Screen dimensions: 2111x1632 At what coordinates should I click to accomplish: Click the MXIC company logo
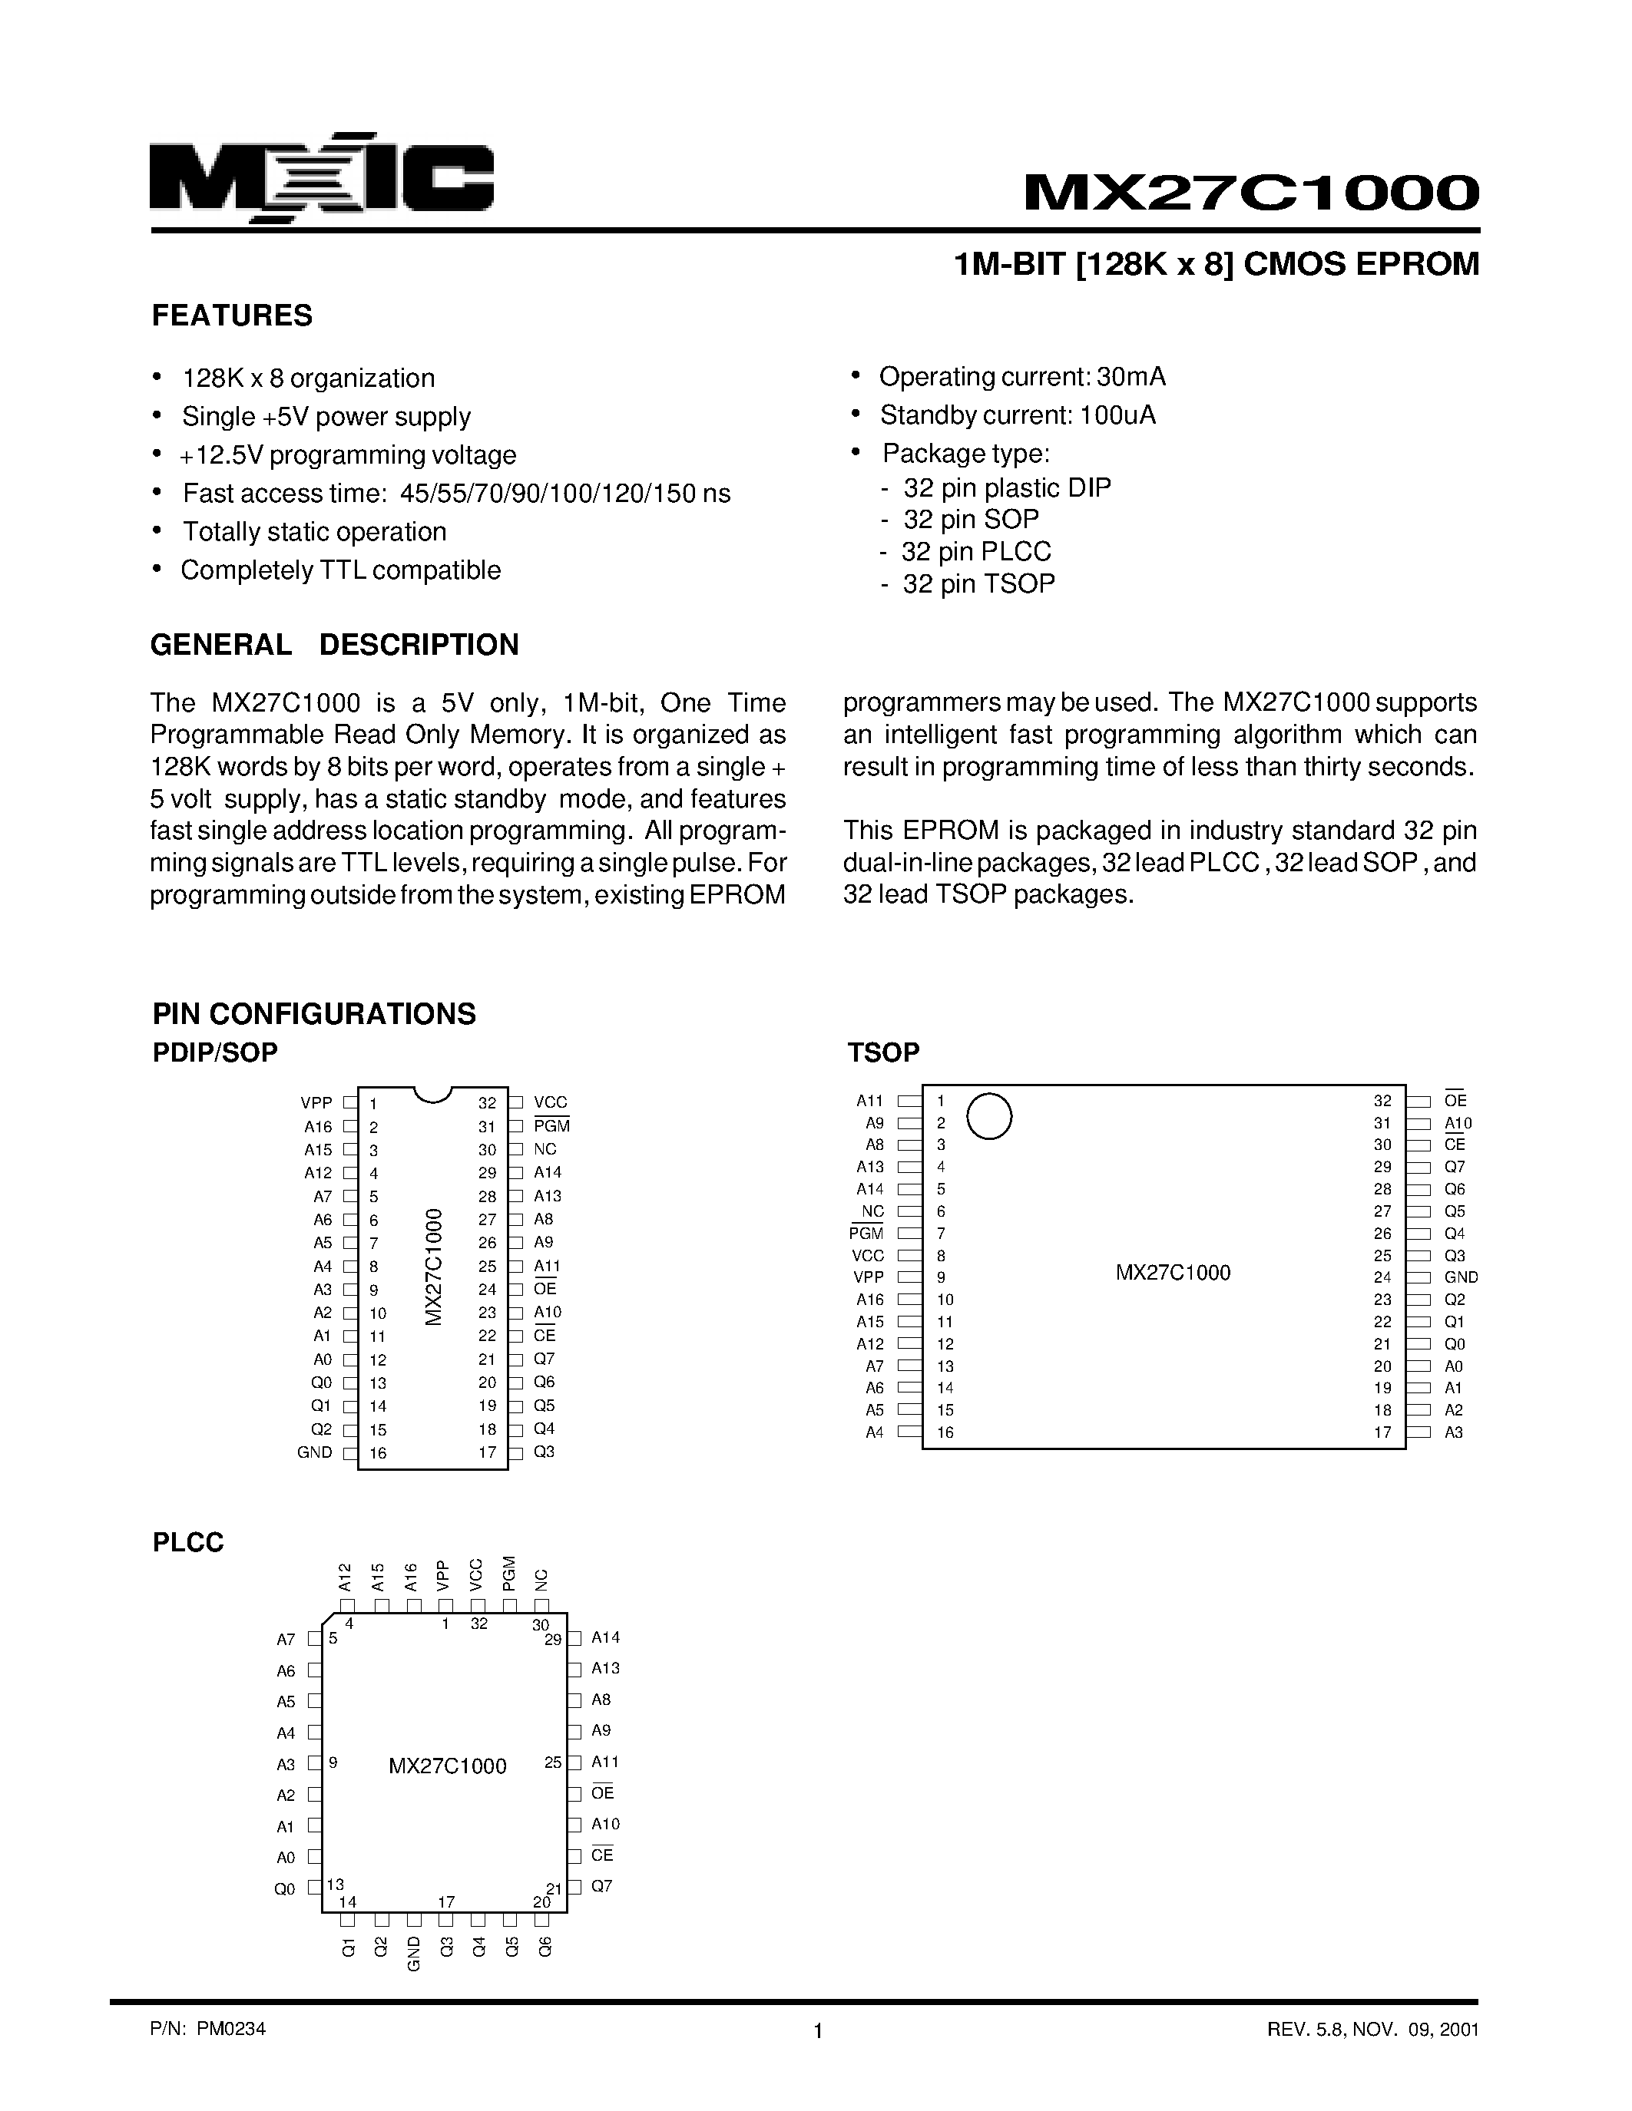pos(322,179)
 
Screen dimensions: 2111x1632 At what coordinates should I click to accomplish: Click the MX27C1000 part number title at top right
pos(1251,193)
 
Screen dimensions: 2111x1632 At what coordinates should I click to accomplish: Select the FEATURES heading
pos(232,316)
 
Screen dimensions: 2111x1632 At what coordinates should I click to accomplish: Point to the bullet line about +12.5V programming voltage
pos(348,455)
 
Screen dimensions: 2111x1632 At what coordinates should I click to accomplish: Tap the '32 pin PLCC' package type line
pos(975,552)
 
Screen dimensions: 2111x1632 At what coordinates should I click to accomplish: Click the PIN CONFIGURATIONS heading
pos(314,1014)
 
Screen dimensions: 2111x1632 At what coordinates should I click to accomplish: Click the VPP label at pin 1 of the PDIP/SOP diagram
pos(316,1103)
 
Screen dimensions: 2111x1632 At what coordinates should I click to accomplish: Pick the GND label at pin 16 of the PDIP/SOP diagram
pos(315,1453)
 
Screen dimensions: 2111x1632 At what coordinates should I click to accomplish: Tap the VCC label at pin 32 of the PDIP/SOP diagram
pos(550,1103)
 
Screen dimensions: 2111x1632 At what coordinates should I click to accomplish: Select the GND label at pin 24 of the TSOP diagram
pos(1461,1278)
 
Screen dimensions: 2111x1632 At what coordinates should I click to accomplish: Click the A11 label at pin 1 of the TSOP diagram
pos(869,1101)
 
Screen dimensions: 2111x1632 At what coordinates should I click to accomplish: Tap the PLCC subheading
pos(188,1543)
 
